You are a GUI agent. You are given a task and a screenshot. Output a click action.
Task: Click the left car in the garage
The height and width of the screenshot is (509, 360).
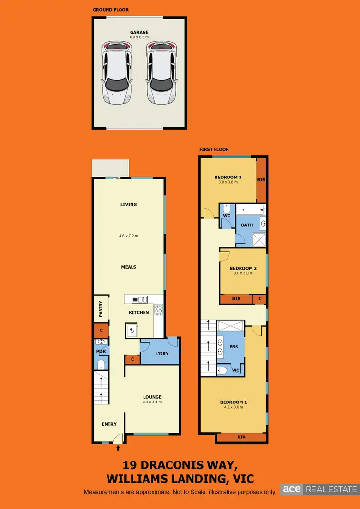(115, 72)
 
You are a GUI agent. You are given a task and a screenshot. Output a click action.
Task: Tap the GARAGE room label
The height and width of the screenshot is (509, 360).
(139, 33)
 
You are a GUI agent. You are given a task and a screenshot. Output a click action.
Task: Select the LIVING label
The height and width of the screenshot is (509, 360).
(129, 204)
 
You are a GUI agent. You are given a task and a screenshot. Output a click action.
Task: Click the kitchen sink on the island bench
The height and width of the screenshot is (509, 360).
(132, 330)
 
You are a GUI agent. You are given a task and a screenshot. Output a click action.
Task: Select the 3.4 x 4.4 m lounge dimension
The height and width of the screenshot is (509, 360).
(152, 402)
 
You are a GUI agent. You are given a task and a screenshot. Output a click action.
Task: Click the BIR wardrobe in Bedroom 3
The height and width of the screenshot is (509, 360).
(262, 180)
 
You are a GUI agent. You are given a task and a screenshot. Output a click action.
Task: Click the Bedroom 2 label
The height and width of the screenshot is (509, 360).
(243, 268)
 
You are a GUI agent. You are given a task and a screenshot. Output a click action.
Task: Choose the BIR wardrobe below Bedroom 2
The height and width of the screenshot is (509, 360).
(236, 299)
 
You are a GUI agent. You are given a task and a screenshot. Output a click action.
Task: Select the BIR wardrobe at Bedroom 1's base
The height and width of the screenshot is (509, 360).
(241, 438)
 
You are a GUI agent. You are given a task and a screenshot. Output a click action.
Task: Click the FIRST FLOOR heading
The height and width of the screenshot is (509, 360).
(214, 149)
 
